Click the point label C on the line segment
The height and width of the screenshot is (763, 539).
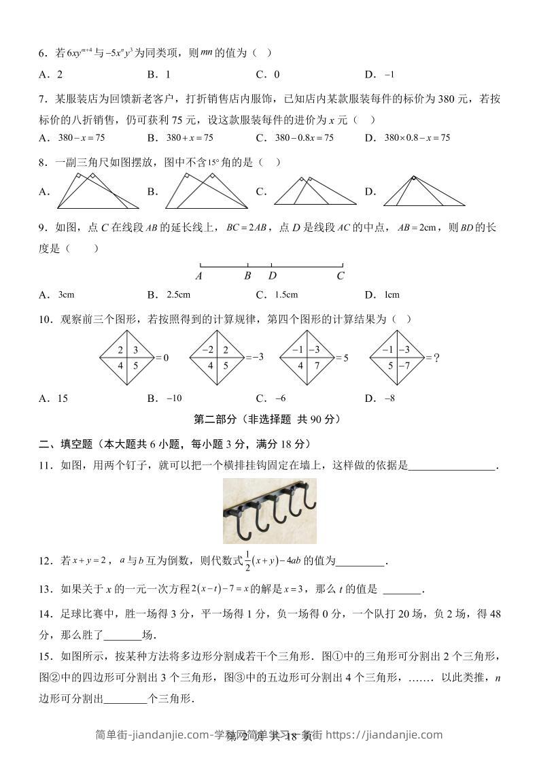(341, 276)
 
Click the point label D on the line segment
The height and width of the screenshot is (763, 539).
(272, 276)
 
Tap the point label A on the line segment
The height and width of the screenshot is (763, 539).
(198, 276)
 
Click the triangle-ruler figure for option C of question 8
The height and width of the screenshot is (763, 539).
(315, 191)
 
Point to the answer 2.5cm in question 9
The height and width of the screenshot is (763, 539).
(178, 295)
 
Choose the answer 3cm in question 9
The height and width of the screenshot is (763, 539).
(67, 295)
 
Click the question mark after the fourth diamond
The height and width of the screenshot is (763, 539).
(437, 357)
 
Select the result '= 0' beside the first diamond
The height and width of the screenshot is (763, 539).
(161, 358)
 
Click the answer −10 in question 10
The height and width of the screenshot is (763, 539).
(174, 399)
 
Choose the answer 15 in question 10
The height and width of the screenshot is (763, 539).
(63, 399)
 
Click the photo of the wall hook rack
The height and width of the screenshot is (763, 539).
(269, 511)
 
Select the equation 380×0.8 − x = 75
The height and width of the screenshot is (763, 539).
(417, 137)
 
